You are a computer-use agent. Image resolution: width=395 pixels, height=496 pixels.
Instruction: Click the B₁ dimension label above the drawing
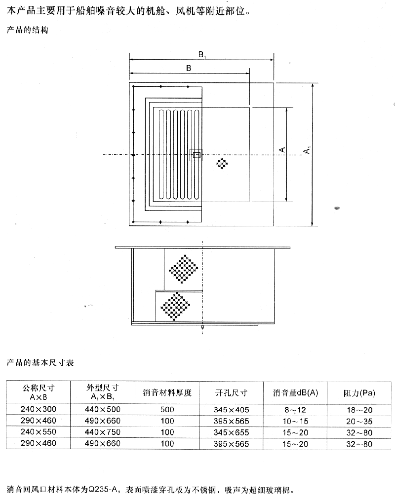[x=202, y=55]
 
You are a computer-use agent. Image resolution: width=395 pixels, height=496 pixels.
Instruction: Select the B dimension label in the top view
[x=189, y=68]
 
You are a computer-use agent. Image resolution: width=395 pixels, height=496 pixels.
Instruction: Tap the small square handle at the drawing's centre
[x=196, y=155]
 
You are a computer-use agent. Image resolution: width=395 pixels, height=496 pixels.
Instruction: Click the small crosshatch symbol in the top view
[x=222, y=164]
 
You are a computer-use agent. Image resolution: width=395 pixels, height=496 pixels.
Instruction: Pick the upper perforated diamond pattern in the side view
[x=183, y=269]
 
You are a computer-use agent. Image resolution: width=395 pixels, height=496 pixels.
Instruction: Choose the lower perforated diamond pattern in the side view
[x=175, y=307]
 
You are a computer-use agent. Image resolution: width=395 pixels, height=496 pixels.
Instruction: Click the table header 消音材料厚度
[x=167, y=393]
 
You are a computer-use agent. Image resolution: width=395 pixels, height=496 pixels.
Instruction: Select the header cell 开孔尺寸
[x=231, y=393]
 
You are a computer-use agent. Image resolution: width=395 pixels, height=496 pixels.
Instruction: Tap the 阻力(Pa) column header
[x=359, y=393]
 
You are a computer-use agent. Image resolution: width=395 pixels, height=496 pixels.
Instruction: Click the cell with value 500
[x=167, y=410]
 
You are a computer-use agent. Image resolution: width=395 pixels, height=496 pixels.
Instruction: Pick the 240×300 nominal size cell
[x=39, y=409]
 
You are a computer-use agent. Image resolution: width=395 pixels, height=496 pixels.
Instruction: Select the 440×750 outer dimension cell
[x=103, y=432]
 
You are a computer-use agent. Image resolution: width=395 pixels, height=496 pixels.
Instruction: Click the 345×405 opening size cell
[x=231, y=410]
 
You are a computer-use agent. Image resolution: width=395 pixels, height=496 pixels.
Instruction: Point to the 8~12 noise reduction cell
[x=295, y=410]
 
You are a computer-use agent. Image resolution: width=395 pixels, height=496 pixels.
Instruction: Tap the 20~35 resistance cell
[x=359, y=422]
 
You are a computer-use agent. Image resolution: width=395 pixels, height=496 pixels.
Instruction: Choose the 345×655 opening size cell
[x=231, y=432]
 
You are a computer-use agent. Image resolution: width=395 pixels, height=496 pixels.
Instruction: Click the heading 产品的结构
[x=28, y=30]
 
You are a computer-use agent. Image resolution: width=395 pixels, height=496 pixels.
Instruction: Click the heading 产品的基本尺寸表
[x=40, y=362]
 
